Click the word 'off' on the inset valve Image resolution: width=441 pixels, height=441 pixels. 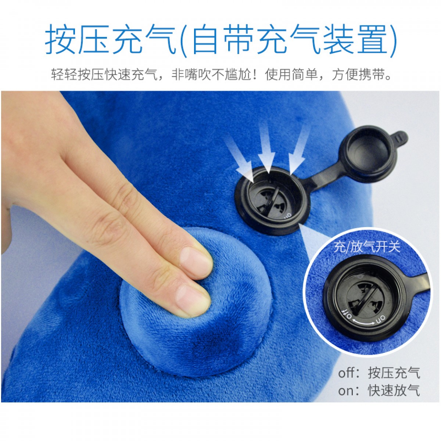click(347, 314)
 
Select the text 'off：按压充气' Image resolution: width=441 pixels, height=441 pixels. click(379, 373)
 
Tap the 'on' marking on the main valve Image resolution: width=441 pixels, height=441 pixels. click(288, 215)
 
